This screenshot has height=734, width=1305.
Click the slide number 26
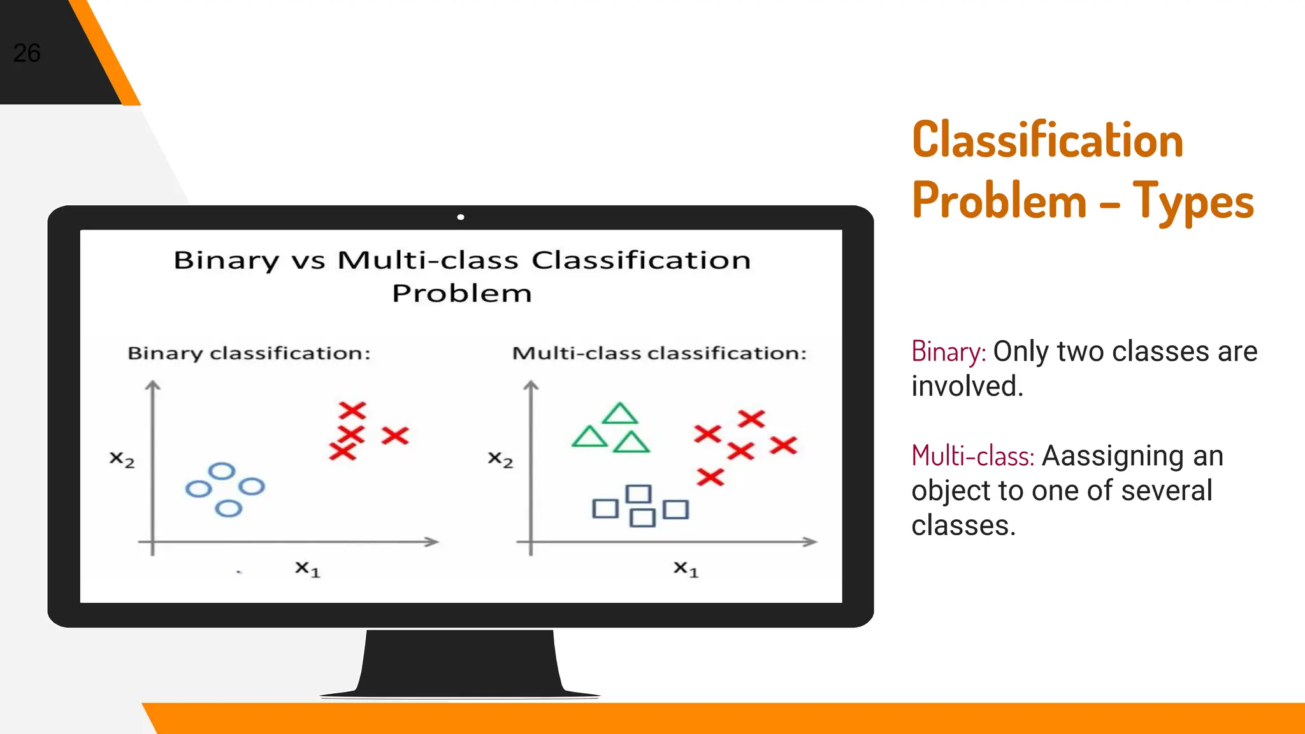point(27,53)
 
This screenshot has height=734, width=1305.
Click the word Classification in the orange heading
point(1047,140)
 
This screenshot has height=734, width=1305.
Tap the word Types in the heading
point(1193,201)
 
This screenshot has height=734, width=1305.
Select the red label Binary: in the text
point(948,352)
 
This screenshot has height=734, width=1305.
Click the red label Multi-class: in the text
point(972,456)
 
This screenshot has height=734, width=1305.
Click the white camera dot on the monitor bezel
point(461,217)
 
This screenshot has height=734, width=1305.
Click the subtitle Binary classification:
point(249,353)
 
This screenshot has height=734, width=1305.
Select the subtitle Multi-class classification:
point(660,353)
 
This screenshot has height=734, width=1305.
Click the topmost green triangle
point(619,415)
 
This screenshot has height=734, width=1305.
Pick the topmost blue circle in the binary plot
point(222,471)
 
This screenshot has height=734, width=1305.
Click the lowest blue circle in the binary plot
point(228,508)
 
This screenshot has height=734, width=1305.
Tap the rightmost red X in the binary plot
point(395,436)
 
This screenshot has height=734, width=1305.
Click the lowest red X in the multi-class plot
point(710,477)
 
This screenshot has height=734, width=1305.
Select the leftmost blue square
point(605,508)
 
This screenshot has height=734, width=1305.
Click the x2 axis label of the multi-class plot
point(500,459)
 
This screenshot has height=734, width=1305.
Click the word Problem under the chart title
point(461,294)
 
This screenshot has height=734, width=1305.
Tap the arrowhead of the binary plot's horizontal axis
point(433,542)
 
